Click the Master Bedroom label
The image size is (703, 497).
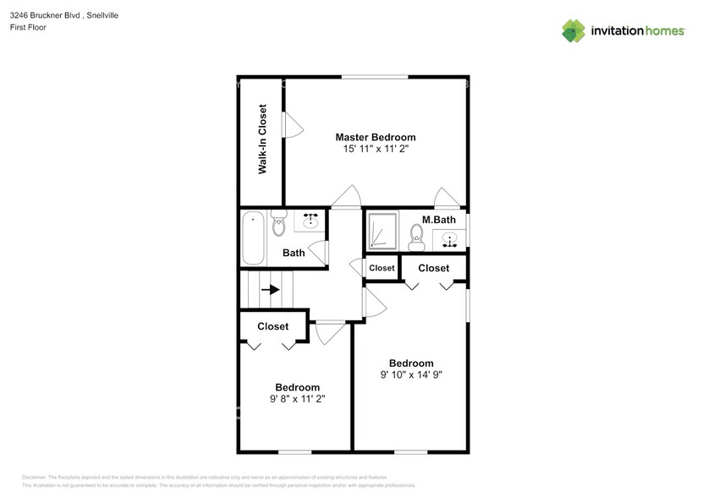375,137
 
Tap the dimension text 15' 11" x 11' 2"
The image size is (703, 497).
375,149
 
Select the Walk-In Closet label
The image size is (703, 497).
262,139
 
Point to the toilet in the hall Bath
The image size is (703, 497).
278,226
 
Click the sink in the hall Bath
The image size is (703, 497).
310,222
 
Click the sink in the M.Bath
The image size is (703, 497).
449,239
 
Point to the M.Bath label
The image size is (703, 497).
439,220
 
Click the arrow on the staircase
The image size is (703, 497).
271,289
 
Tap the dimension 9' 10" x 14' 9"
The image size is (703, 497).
411,374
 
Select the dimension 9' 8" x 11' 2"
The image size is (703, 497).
297,398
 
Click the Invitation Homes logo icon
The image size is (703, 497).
574,31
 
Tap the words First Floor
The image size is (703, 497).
29,28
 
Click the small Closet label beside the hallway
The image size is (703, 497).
382,268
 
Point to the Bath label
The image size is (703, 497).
294,253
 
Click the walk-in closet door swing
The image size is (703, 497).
293,127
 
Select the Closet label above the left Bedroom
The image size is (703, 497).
272,326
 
